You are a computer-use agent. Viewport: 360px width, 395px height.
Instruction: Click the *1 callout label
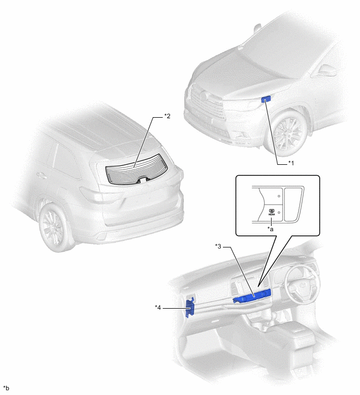[x=291, y=163]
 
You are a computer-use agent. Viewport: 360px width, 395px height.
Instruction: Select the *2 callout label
[x=167, y=116]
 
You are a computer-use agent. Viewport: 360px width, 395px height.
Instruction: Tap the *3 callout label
[x=218, y=246]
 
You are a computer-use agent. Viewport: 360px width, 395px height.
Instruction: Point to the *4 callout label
[x=157, y=307]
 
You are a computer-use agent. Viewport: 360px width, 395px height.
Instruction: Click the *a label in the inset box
[x=271, y=229]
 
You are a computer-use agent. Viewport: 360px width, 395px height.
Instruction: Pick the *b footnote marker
[x=6, y=388]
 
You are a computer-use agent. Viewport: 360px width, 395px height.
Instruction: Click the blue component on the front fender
[x=266, y=99]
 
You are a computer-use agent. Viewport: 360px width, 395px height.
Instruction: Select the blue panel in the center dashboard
[x=252, y=296]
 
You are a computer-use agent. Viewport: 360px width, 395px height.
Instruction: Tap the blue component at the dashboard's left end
[x=190, y=307]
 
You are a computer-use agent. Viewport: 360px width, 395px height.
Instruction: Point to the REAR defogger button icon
[x=272, y=212]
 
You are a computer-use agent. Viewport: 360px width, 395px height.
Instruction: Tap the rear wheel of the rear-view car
[x=53, y=228]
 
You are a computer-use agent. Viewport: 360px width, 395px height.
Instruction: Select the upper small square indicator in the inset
[x=279, y=196]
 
